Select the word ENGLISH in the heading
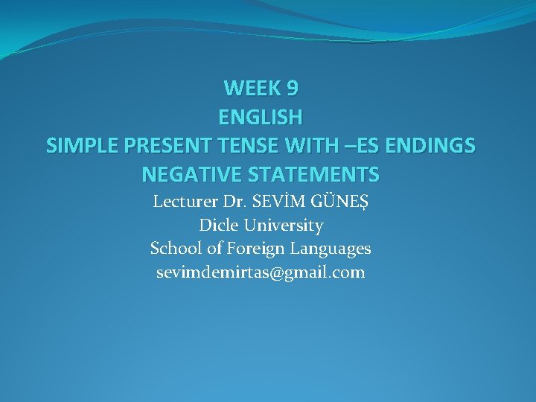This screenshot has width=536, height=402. [x=261, y=118]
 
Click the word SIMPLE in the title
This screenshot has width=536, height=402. [x=77, y=146]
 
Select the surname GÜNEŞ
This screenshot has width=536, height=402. [x=339, y=201]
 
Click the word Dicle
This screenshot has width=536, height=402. [x=216, y=225]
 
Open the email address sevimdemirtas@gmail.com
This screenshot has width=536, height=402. [x=261, y=272]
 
